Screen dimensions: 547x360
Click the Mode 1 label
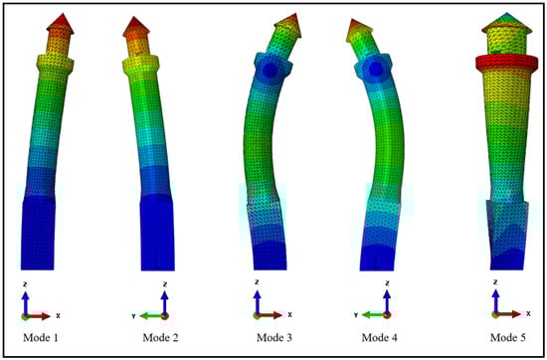coord(41,338)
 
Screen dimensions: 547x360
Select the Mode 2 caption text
coord(160,338)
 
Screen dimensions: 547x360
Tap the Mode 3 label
coord(274,338)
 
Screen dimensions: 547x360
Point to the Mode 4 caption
coord(380,338)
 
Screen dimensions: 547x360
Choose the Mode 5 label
coord(508,338)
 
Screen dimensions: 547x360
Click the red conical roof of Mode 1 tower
coord(61,24)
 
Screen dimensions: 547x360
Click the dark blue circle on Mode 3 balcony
coord(270,71)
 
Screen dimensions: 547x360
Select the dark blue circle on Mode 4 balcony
coord(375,69)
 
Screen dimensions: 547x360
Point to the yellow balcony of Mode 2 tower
coord(141,65)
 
